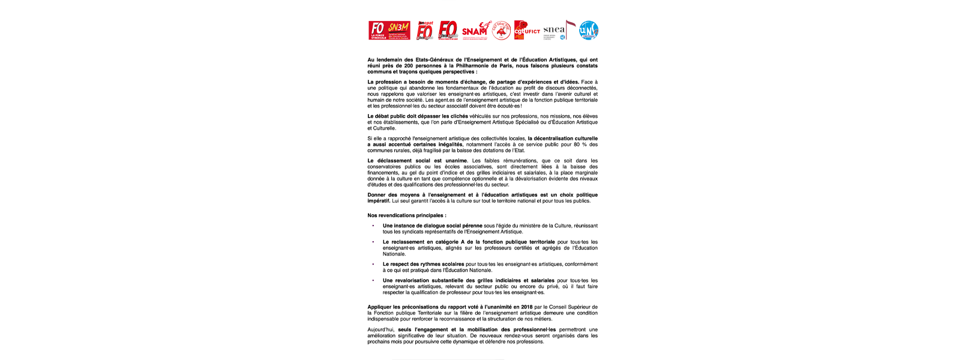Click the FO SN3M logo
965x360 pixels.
click(389, 30)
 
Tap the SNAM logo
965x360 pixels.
click(475, 30)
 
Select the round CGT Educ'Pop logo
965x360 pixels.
click(501, 31)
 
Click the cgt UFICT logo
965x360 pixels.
click(527, 30)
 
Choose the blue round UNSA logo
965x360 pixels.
click(588, 31)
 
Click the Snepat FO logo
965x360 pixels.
click(425, 30)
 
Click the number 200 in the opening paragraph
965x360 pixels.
click(409, 66)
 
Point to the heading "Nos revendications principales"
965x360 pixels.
click(407, 215)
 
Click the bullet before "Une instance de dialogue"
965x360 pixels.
click(373, 226)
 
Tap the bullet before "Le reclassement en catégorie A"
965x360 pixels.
click(373, 242)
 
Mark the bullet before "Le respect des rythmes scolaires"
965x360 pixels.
click(373, 265)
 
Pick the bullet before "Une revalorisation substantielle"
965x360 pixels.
click(373, 281)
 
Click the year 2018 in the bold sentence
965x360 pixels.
click(526, 307)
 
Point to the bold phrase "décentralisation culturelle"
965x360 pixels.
click(563, 139)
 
